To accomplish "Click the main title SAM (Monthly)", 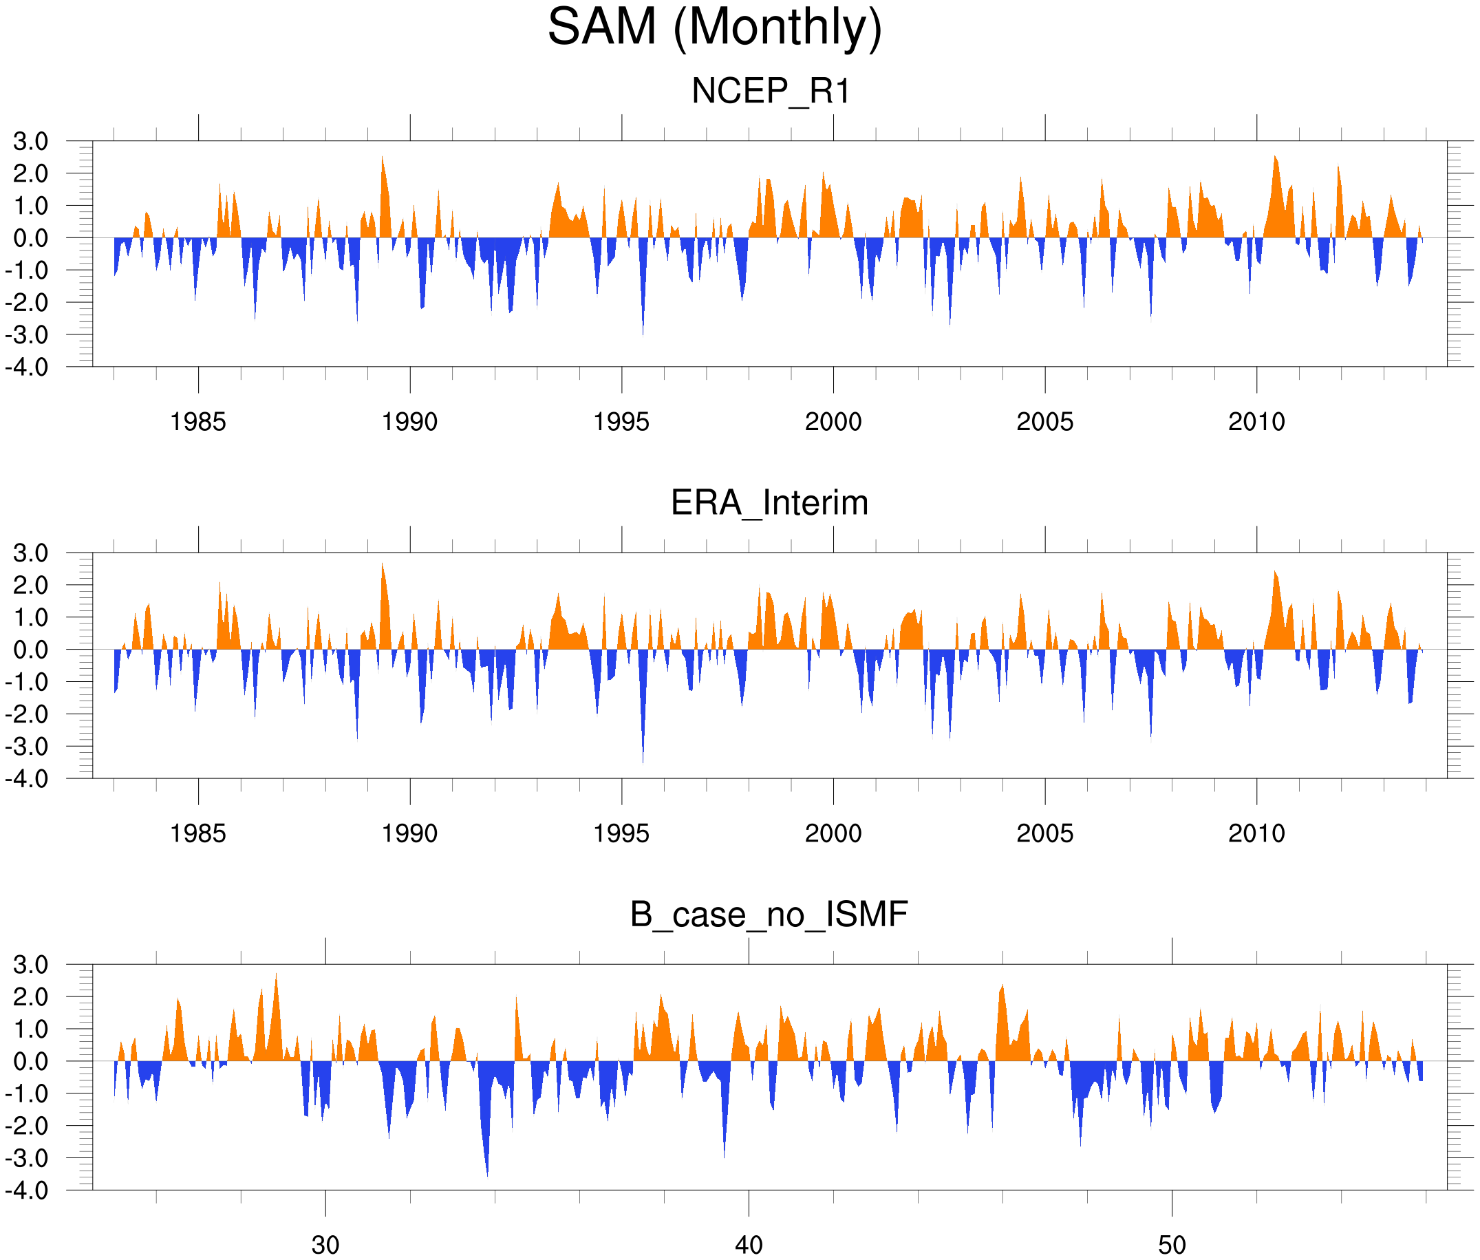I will point(714,27).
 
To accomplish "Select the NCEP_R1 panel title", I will point(771,92).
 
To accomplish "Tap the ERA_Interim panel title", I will point(769,503).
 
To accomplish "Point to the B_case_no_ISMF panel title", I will point(769,915).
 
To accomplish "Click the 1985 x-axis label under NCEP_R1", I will point(198,422).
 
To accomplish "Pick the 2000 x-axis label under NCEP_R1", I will point(833,422).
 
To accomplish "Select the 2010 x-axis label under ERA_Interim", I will point(1256,833).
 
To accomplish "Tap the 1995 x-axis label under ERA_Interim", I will point(621,833).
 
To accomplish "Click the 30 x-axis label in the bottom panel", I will point(325,1245).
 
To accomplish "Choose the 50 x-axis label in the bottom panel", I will point(1172,1245).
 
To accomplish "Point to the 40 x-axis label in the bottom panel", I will point(749,1245).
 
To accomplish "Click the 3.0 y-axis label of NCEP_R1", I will point(31,142).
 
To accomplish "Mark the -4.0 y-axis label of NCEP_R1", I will point(27,367).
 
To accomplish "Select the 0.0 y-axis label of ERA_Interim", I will point(31,650).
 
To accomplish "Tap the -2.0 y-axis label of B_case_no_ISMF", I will point(27,1126).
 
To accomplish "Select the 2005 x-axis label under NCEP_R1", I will point(1044,422).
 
